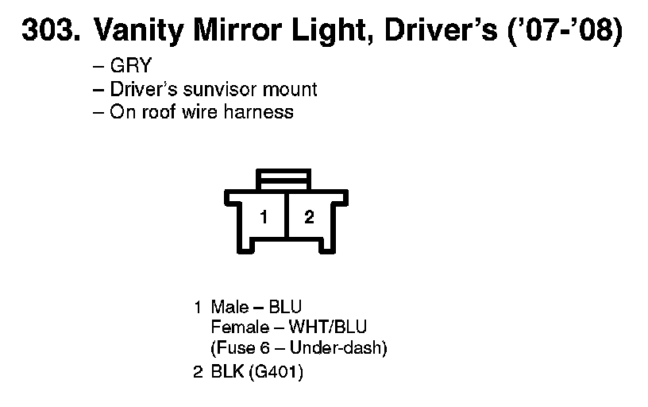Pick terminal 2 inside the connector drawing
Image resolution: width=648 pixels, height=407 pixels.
coord(310,217)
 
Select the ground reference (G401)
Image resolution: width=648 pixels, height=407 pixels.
coord(276,371)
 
